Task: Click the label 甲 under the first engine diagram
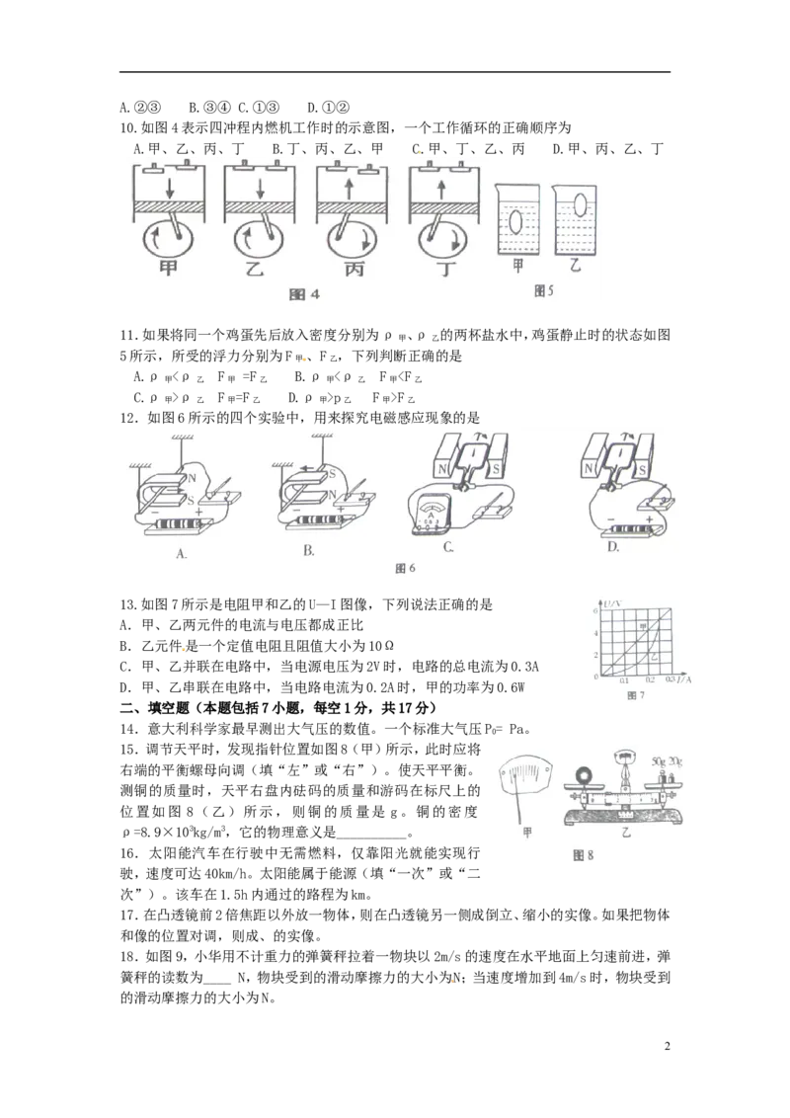(x=168, y=268)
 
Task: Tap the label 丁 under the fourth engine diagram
(x=447, y=269)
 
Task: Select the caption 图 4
(x=304, y=294)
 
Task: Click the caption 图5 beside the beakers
(x=543, y=291)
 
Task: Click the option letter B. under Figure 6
(x=309, y=550)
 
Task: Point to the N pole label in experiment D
(x=589, y=468)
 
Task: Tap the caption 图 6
(x=405, y=568)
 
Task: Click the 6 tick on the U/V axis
(x=595, y=611)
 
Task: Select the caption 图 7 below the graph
(x=635, y=695)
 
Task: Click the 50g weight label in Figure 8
(x=658, y=761)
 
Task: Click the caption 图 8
(x=584, y=855)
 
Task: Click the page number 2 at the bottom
(x=668, y=1047)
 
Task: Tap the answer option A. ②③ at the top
(x=140, y=108)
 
